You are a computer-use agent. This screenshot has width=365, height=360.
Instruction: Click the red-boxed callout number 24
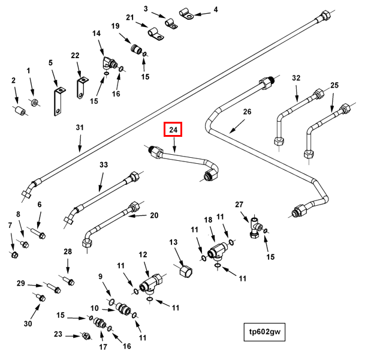tap(173, 130)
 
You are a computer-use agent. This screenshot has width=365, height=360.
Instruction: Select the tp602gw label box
tap(264, 332)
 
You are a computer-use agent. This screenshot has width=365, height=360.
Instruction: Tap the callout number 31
tap(80, 127)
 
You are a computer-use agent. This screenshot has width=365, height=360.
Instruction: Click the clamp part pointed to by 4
tap(186, 14)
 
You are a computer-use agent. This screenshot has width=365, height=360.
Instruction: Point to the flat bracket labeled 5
tap(58, 101)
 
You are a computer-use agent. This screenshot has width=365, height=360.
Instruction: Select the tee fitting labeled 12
tap(151, 283)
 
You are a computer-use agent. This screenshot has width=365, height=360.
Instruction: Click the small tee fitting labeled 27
tap(256, 228)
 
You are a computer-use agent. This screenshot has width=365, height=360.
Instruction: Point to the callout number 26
tap(247, 112)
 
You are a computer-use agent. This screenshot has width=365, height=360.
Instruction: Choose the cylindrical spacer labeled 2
tap(21, 110)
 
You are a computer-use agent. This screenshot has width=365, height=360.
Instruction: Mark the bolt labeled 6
tap(38, 233)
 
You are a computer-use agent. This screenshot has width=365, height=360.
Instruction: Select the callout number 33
tap(104, 165)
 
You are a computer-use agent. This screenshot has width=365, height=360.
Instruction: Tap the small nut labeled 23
tap(86, 336)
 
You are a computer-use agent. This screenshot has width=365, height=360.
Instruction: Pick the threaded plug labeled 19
tap(136, 49)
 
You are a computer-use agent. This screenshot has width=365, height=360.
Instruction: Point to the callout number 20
tap(154, 215)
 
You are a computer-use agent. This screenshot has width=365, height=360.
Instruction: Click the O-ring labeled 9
tap(111, 302)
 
